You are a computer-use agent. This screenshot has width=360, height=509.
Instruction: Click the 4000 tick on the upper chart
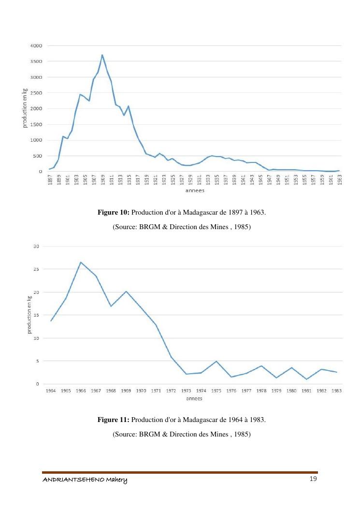tap(37, 45)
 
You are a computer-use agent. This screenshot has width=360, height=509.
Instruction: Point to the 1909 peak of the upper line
tap(102, 55)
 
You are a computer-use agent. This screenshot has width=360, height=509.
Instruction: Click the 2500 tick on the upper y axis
tap(37, 93)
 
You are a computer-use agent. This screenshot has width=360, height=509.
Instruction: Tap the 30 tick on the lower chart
tap(36, 246)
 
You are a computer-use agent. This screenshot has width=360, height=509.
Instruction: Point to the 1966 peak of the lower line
tap(81, 262)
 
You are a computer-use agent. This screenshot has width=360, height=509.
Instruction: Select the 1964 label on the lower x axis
tap(51, 391)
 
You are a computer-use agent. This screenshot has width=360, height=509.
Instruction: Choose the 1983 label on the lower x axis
tap(336, 391)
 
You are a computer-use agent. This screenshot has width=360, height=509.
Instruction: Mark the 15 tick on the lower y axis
tap(36, 315)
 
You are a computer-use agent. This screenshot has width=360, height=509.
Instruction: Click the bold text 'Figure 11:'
tap(114, 420)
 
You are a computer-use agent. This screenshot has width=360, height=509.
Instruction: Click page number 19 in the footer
tap(313, 479)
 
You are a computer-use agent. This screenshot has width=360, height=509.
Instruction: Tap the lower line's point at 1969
tap(126, 291)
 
